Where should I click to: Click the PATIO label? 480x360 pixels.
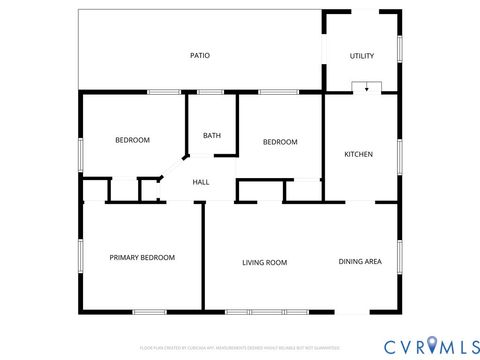[x=200, y=56]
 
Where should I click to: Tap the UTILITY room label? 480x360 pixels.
[x=361, y=56]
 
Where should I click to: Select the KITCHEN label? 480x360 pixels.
[x=358, y=154]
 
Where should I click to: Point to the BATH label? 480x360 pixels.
[x=211, y=136]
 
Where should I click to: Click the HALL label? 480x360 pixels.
[x=200, y=182]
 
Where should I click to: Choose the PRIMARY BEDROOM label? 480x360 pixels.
[x=142, y=258]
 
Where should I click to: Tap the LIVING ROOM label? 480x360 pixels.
[x=264, y=263]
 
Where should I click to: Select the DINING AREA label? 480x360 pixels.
[x=359, y=262]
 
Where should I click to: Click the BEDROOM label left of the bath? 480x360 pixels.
[x=132, y=141]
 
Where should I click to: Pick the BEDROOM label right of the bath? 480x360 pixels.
[x=280, y=142]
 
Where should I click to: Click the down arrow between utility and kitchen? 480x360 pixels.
[x=367, y=88]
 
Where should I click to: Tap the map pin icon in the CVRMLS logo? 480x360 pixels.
[x=431, y=345]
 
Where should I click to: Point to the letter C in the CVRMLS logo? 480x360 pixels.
[x=388, y=345]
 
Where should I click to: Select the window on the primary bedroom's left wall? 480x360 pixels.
[x=80, y=256]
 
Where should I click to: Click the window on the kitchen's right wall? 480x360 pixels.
[x=399, y=154]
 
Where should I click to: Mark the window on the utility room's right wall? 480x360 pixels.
[x=399, y=48]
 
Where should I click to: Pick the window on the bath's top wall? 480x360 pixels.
[x=210, y=92]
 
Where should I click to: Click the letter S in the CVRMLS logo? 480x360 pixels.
[x=469, y=345]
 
